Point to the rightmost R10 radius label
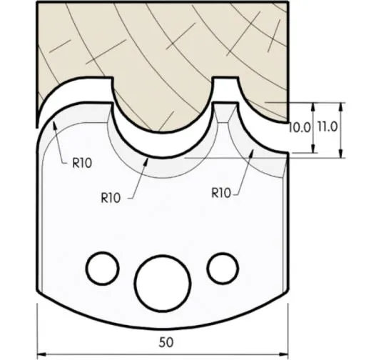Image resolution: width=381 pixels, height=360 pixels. [x=223, y=192]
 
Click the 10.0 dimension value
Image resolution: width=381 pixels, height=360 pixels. [x=299, y=129]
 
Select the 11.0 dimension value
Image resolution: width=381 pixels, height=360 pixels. [x=326, y=129]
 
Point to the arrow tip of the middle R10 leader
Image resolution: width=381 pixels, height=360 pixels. [x=148, y=158]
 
